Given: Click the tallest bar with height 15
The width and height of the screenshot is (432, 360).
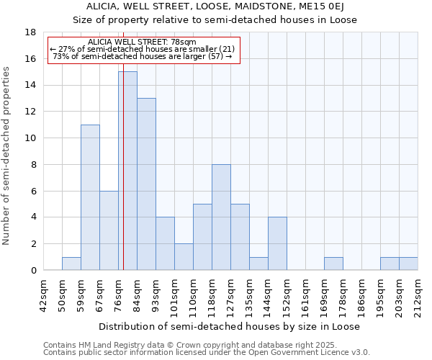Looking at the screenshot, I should pyautogui.click(x=127, y=171).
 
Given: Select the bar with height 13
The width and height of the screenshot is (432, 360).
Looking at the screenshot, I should pyautogui.click(x=146, y=184).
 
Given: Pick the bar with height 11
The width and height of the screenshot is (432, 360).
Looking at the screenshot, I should pyautogui.click(x=90, y=197).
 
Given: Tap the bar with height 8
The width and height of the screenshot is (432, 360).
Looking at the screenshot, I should pyautogui.click(x=221, y=217).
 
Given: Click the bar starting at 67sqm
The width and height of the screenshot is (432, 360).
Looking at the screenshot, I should pyautogui.click(x=109, y=230).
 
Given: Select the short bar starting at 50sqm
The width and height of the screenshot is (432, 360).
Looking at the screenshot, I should pyautogui.click(x=71, y=264).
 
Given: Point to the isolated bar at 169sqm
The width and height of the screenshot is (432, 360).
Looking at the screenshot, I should pyautogui.click(x=333, y=264).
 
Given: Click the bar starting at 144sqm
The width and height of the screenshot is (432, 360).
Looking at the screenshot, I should pyautogui.click(x=277, y=244).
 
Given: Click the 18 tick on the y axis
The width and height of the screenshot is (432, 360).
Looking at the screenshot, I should pyautogui.click(x=30, y=32).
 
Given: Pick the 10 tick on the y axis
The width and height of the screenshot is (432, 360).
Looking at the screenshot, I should pyautogui.click(x=30, y=138).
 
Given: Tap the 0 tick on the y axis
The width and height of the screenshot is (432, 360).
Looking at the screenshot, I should pyautogui.click(x=33, y=271).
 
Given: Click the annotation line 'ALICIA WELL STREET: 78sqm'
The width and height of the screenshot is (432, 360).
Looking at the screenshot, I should pyautogui.click(x=141, y=42).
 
